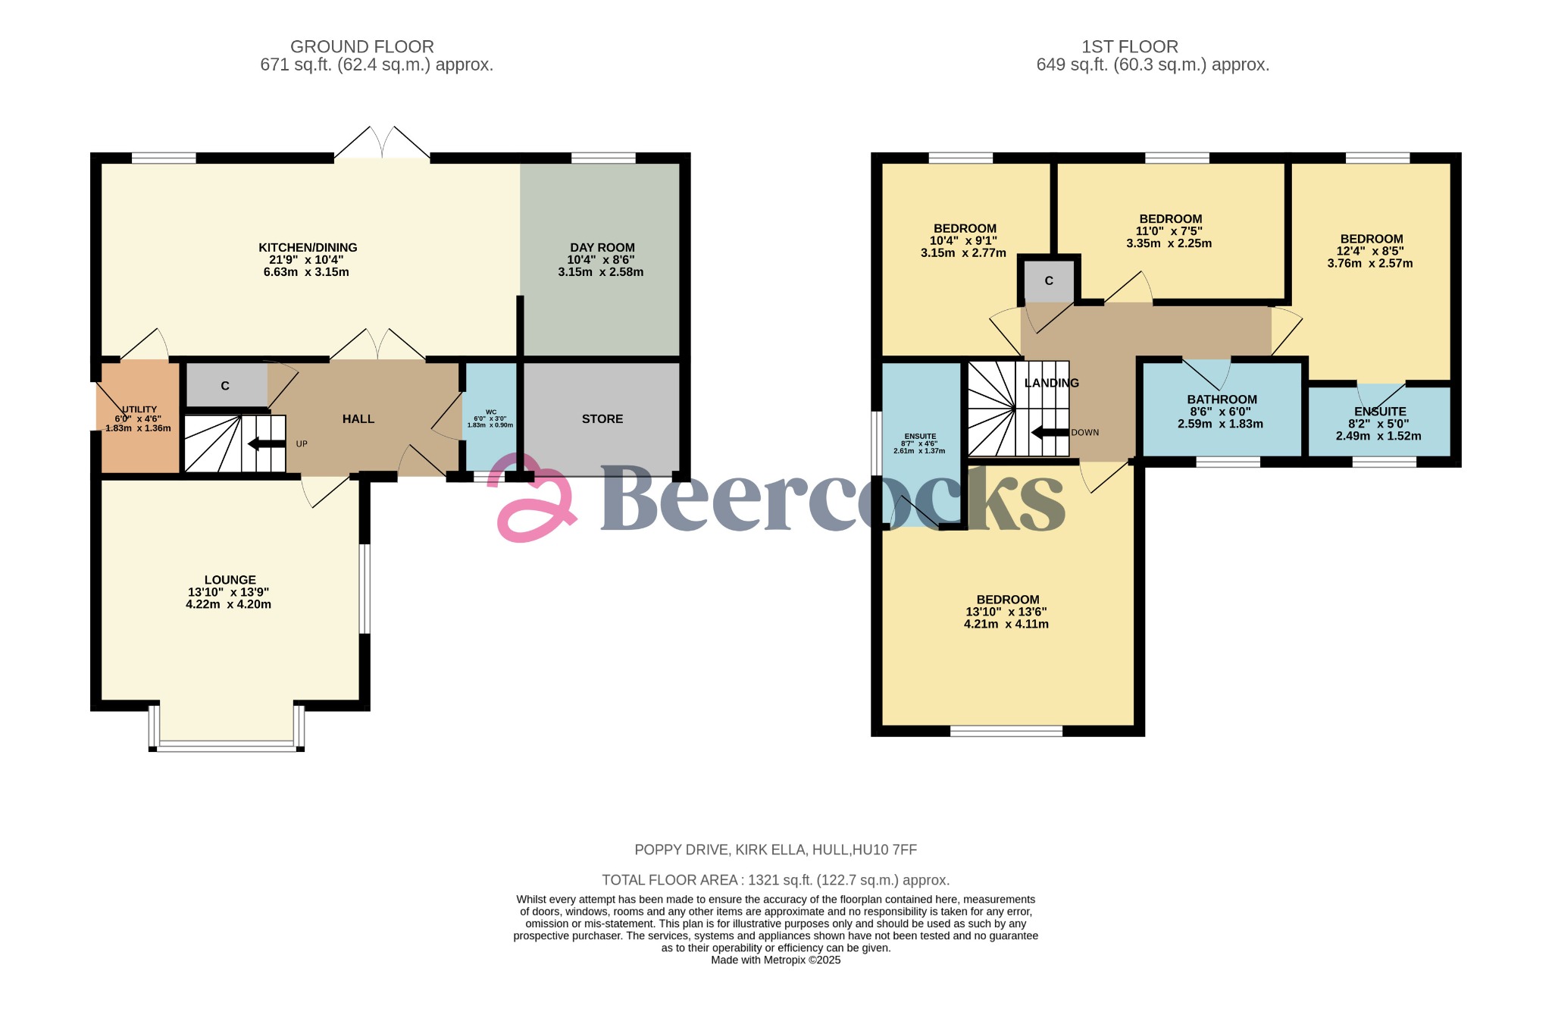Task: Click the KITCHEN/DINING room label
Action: tap(308, 247)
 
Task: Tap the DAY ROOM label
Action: tap(602, 247)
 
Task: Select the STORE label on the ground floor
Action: tap(602, 418)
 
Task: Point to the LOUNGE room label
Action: tap(230, 580)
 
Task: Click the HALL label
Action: tap(358, 418)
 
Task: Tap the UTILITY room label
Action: tap(139, 409)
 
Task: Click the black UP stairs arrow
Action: tap(267, 443)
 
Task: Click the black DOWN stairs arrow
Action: tap(1050, 433)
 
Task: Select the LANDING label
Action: tap(1052, 383)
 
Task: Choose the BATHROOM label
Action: tap(1222, 399)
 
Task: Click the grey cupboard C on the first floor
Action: tap(1049, 281)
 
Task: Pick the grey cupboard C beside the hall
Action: tap(226, 386)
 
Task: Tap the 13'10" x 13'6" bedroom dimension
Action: tap(1006, 612)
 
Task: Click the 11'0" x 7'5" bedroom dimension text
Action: tap(1169, 231)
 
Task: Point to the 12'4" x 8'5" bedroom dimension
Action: tap(1370, 251)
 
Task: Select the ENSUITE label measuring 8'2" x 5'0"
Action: tap(1380, 412)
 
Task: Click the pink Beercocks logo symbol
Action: tap(533, 497)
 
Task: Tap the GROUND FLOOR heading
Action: tap(362, 47)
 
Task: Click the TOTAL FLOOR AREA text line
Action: tap(775, 880)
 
